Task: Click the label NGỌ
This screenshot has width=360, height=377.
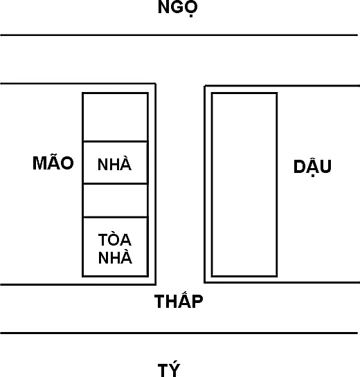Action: pyautogui.click(x=178, y=8)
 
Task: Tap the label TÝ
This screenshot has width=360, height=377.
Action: pyautogui.click(x=169, y=369)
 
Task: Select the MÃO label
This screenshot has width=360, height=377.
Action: pyautogui.click(x=53, y=162)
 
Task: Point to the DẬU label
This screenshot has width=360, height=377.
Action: pyautogui.click(x=312, y=167)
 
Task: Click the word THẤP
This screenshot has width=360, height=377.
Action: pyautogui.click(x=179, y=300)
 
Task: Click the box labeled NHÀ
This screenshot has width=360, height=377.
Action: pyautogui.click(x=115, y=163)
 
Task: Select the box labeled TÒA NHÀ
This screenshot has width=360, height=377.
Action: pyautogui.click(x=115, y=247)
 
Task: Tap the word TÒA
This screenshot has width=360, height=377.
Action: pyautogui.click(x=115, y=239)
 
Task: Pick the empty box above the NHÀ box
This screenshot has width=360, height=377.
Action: pyautogui.click(x=115, y=117)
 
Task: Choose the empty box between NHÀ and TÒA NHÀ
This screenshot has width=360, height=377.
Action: pyautogui.click(x=115, y=201)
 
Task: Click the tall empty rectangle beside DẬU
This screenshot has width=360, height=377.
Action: pyautogui.click(x=244, y=185)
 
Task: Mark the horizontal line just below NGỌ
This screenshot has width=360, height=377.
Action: pyautogui.click(x=179, y=35)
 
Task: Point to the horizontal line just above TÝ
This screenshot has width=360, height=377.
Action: pyautogui.click(x=179, y=333)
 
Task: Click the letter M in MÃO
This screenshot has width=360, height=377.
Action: pyautogui.click(x=39, y=163)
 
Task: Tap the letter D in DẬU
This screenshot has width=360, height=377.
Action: pyautogui.click(x=299, y=166)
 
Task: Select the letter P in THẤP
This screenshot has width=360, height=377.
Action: pyautogui.click(x=197, y=302)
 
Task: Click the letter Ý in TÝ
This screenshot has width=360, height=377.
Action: pyautogui.click(x=174, y=369)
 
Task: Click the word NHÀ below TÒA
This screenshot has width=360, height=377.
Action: pyautogui.click(x=115, y=257)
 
